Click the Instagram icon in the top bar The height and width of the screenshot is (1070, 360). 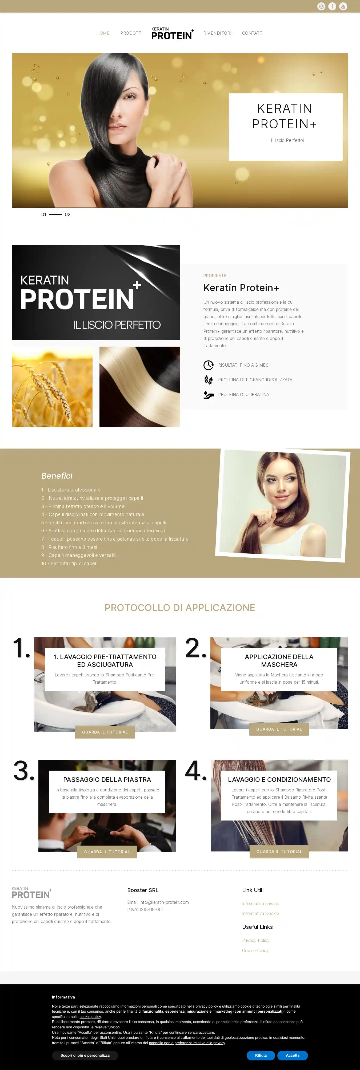(321, 6)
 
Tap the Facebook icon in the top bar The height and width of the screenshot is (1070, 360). (332, 6)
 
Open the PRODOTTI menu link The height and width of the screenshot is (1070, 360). (131, 33)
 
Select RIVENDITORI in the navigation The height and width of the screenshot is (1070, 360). (217, 33)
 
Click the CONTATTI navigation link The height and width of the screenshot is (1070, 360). (253, 33)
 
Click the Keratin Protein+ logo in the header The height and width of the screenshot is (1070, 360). (172, 34)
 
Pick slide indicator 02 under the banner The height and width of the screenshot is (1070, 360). (68, 214)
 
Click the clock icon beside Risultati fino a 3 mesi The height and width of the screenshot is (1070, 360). (209, 365)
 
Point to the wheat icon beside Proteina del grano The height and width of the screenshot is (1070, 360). (209, 380)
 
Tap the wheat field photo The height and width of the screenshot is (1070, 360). (52, 387)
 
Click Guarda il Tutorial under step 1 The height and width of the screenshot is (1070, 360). (105, 732)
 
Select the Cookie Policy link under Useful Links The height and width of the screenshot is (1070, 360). (255, 950)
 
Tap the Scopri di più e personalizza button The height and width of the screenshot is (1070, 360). (85, 1055)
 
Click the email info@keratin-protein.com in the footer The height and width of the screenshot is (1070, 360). (164, 902)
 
